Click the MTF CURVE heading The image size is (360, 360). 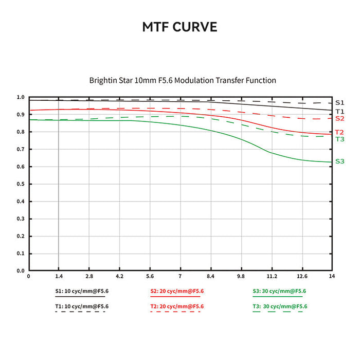pos(179,27)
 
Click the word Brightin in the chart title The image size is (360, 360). pos(102,80)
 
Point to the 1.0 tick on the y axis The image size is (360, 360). pos(21,97)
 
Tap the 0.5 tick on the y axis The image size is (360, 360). pos(21,184)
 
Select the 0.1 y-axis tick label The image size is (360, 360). pos(21,254)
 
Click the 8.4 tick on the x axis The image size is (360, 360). pos(210,276)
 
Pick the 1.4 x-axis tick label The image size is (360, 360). pos(59,276)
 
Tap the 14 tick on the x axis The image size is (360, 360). pos(332,276)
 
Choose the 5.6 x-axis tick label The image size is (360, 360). pos(150,276)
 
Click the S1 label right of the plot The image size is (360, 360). pos(339,103)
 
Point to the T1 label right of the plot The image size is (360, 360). pos(339,112)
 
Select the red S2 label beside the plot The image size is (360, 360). pos(339,118)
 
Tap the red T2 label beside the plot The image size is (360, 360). pos(339,132)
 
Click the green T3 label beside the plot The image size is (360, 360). pos(339,139)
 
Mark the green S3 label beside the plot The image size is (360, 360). pos(339,161)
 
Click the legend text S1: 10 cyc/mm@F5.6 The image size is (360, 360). pos(82,291)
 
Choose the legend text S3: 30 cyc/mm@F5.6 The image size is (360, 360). pos(279,291)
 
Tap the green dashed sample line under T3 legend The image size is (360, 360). pos(278,312)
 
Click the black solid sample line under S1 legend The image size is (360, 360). pos(80,296)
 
